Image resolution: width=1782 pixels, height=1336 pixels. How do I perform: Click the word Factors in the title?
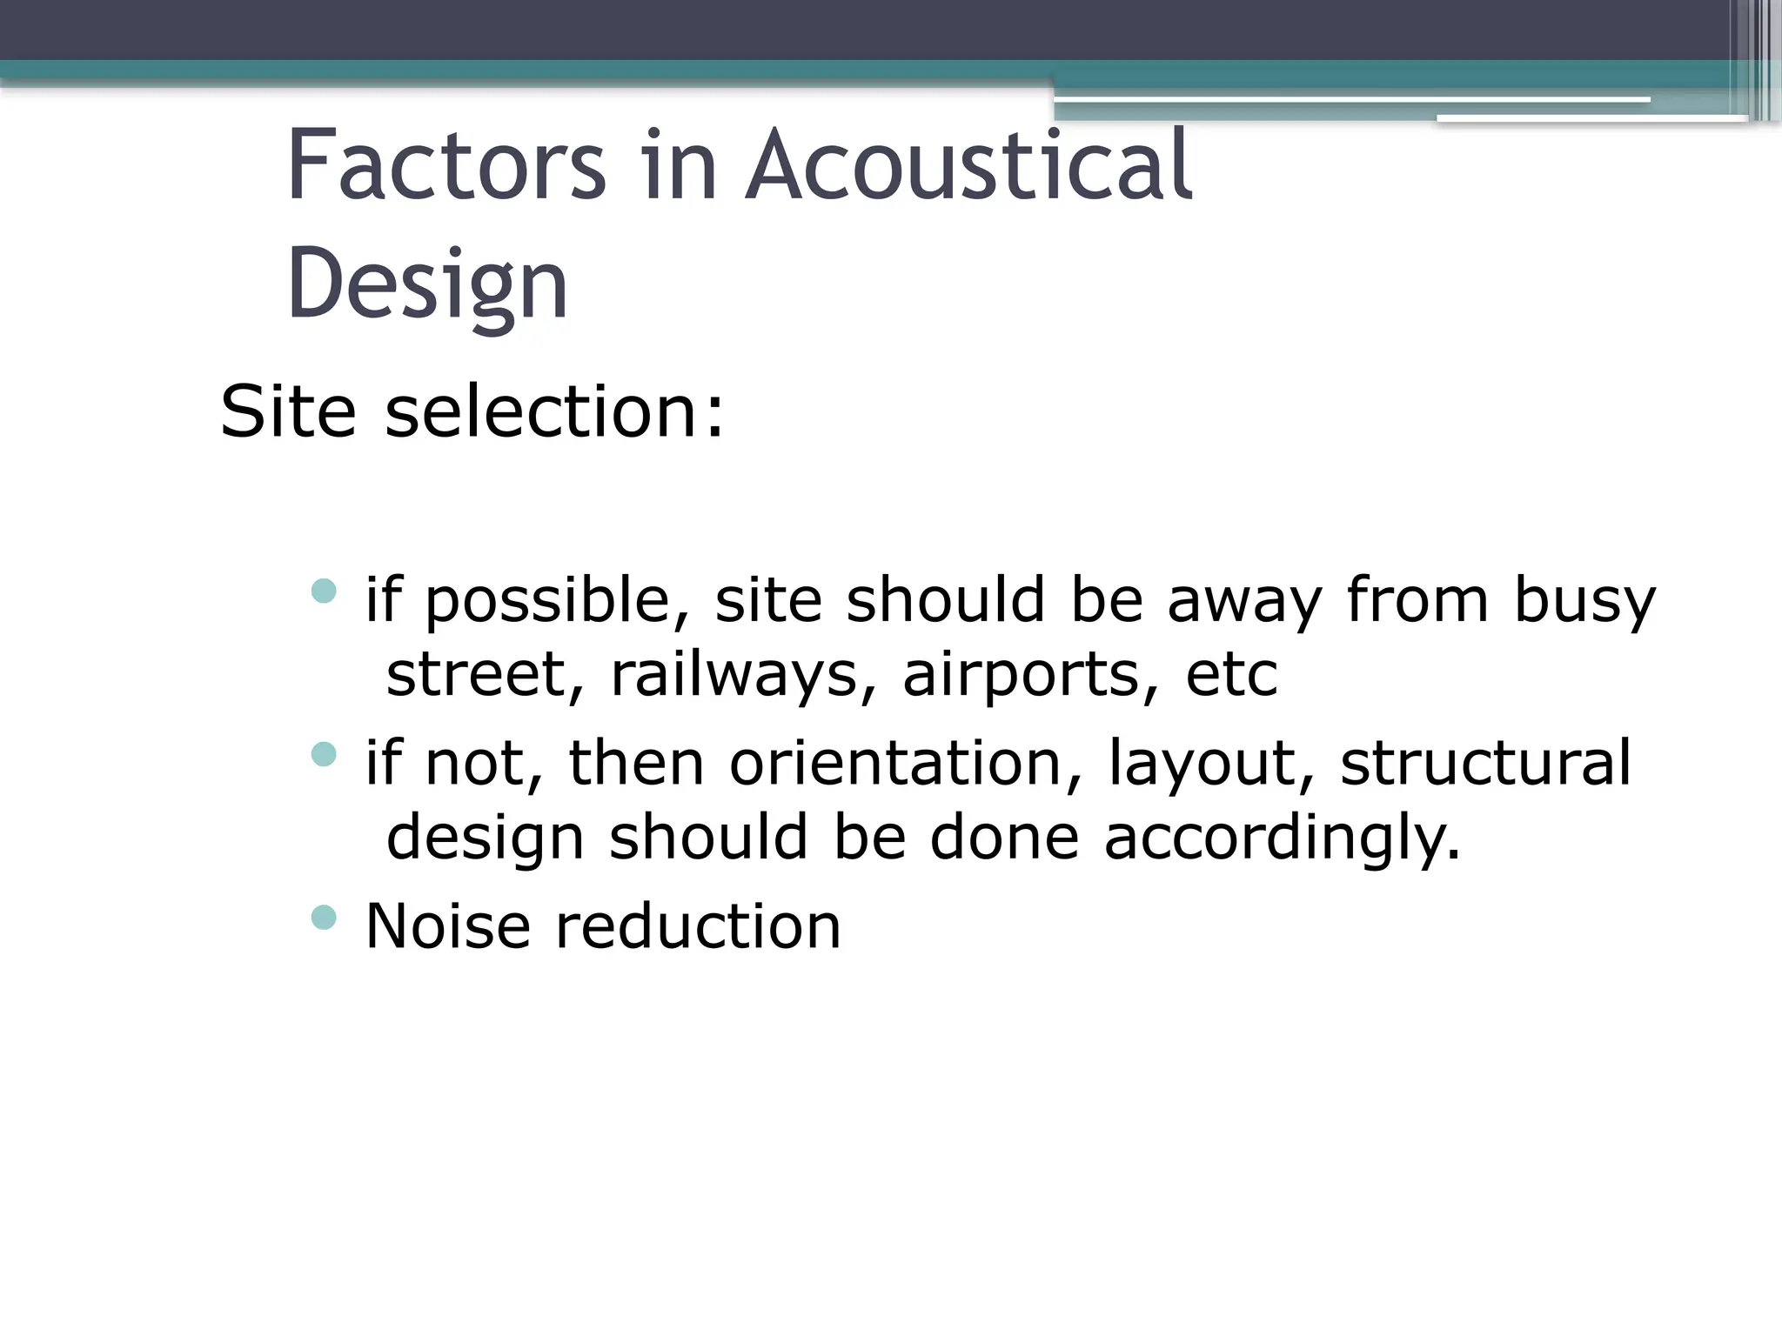445,165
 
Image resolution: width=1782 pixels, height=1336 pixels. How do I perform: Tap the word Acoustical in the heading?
969,165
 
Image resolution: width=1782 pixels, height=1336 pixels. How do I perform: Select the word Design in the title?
427,284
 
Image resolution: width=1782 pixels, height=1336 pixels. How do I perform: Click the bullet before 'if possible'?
324,592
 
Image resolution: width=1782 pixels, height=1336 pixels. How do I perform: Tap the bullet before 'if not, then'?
324,753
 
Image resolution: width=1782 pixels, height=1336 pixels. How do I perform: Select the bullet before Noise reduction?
324,917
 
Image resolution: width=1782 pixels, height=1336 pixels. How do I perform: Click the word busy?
1584,602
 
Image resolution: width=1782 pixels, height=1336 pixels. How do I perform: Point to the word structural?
1485,763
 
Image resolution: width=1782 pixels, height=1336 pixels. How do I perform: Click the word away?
1244,602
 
